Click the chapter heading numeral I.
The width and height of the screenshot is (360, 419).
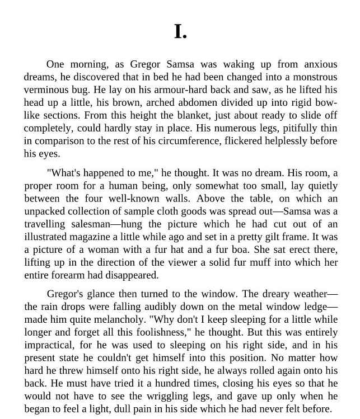point(180,31)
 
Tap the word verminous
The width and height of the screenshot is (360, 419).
point(45,90)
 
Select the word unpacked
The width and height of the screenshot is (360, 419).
point(45,211)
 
